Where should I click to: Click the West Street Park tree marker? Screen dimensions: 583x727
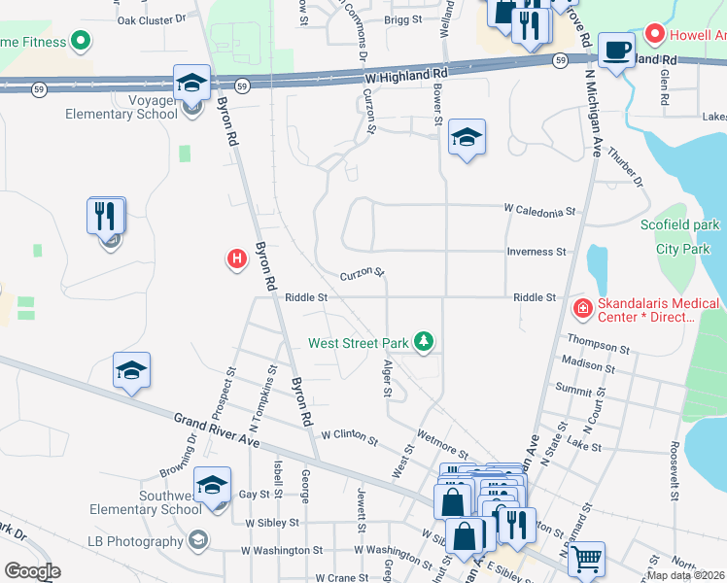click(423, 342)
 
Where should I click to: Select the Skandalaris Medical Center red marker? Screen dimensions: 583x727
click(583, 309)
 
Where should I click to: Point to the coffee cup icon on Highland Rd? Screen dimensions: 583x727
click(616, 49)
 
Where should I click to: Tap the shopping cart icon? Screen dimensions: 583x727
click(586, 558)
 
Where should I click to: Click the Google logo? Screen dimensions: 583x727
click(32, 571)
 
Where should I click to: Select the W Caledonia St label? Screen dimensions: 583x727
click(539, 210)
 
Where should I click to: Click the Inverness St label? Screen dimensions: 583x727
click(536, 252)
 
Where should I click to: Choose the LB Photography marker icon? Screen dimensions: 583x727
click(198, 540)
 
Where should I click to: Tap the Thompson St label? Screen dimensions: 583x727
click(598, 346)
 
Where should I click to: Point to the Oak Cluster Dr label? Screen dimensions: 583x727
click(151, 19)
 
